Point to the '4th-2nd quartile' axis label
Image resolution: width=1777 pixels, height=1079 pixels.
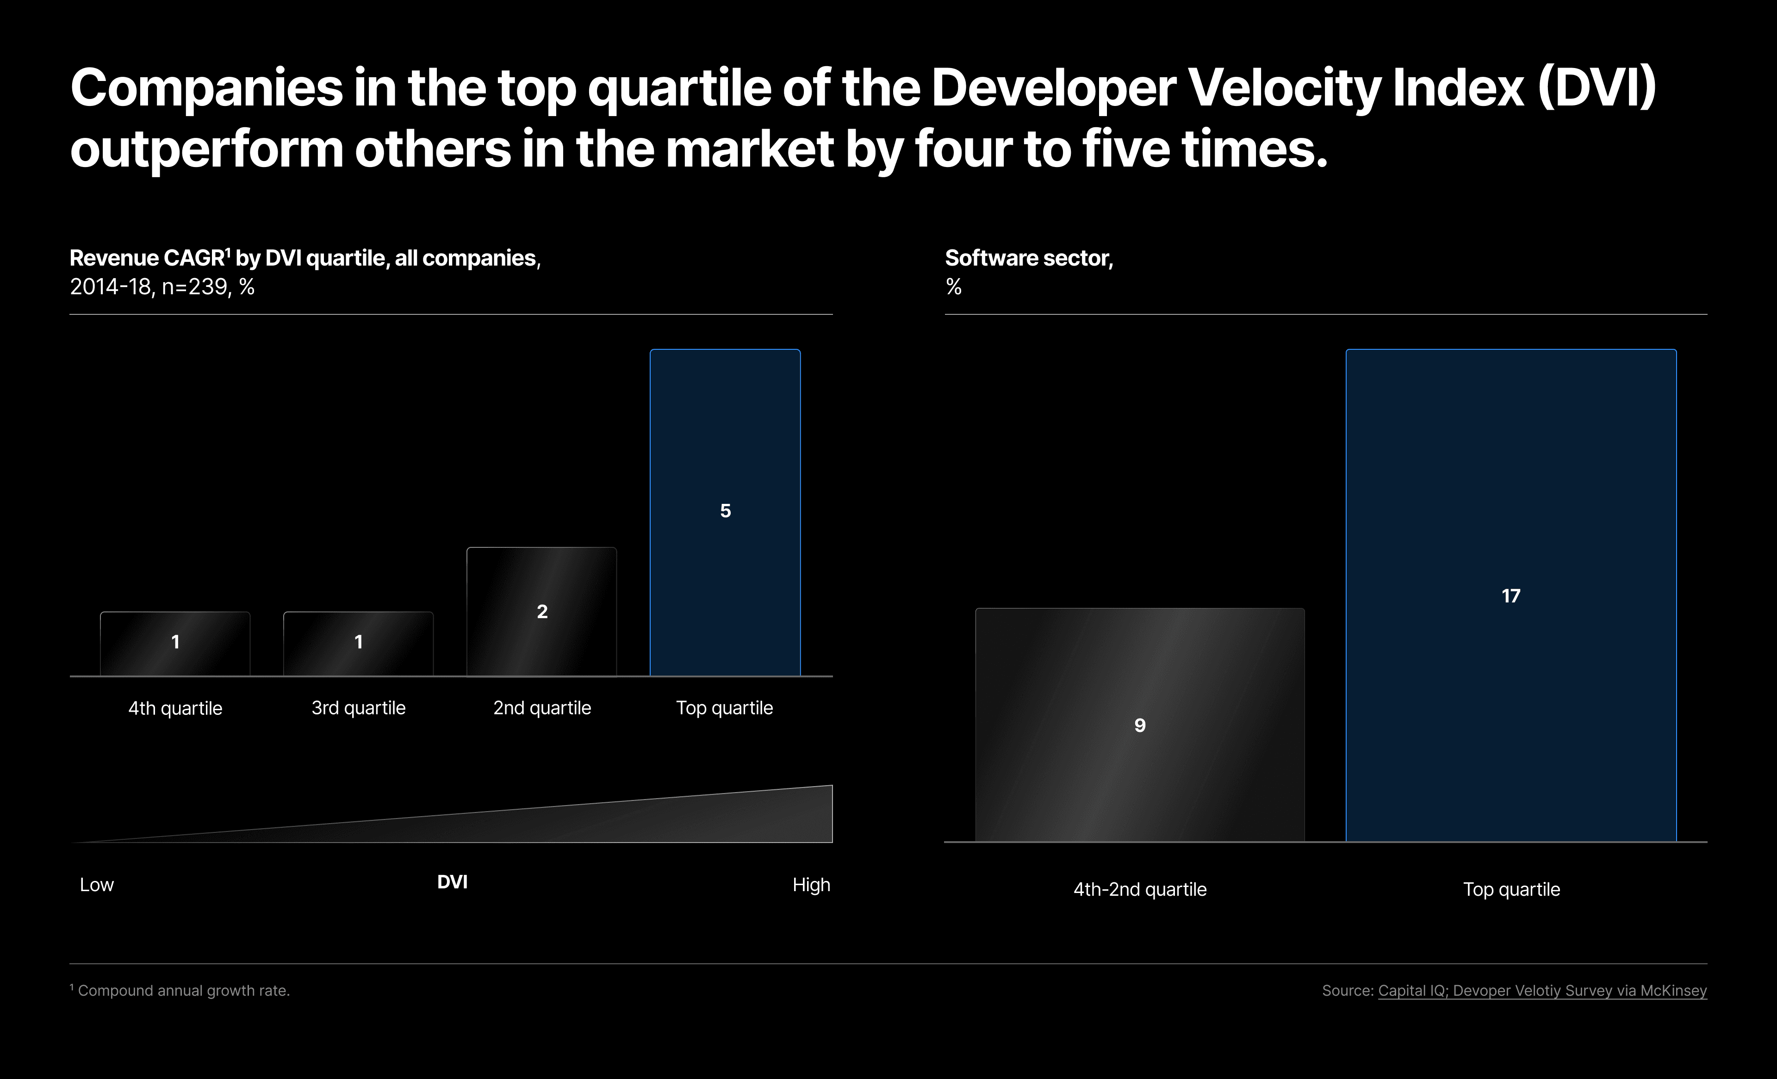click(x=1139, y=889)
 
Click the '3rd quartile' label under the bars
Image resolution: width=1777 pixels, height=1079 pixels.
click(x=359, y=708)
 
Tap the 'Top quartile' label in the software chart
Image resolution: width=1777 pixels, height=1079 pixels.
click(x=1511, y=889)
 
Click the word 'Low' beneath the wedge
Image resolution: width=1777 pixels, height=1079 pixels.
click(x=97, y=885)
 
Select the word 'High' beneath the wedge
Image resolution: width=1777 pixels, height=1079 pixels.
click(x=811, y=885)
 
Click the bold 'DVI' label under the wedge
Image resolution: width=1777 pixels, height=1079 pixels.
click(x=452, y=882)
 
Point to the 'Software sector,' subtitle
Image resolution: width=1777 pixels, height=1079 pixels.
click(x=1028, y=258)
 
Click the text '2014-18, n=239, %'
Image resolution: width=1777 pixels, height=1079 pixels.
click(x=162, y=287)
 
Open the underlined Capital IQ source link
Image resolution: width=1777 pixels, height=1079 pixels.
click(x=1542, y=991)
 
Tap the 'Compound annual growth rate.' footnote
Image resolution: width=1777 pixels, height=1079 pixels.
click(x=183, y=991)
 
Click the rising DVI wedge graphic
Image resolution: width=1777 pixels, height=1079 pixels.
click(x=649, y=822)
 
